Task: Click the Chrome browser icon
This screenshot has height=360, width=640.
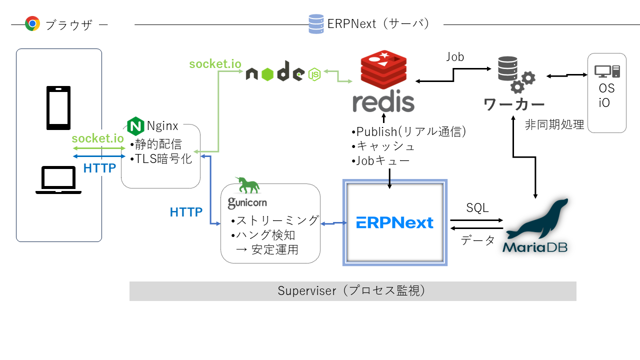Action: click(32, 23)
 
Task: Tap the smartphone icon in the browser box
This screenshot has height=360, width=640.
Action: click(58, 107)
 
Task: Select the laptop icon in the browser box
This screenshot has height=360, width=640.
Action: click(58, 180)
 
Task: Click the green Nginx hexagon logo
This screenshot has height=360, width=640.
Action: click(135, 126)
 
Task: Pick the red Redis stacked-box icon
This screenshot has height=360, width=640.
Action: click(383, 69)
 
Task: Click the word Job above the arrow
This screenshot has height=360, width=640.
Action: click(455, 57)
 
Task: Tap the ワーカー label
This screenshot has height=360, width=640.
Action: click(514, 105)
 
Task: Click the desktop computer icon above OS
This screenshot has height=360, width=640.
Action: click(607, 71)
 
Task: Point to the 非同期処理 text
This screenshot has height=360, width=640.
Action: click(554, 125)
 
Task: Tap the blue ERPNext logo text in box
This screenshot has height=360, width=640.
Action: click(394, 222)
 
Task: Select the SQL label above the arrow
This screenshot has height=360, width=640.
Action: click(477, 207)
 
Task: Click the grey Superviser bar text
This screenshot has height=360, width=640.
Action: click(352, 291)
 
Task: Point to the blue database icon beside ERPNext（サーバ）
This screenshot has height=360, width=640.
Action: click(316, 23)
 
